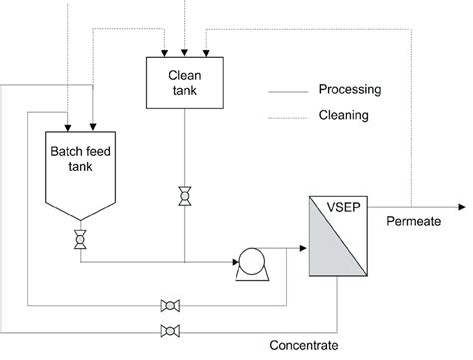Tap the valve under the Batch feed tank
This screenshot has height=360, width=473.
point(80,240)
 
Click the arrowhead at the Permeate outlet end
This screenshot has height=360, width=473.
point(460,207)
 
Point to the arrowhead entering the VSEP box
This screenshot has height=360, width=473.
point(301,243)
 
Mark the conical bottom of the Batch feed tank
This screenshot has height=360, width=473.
point(80,212)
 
